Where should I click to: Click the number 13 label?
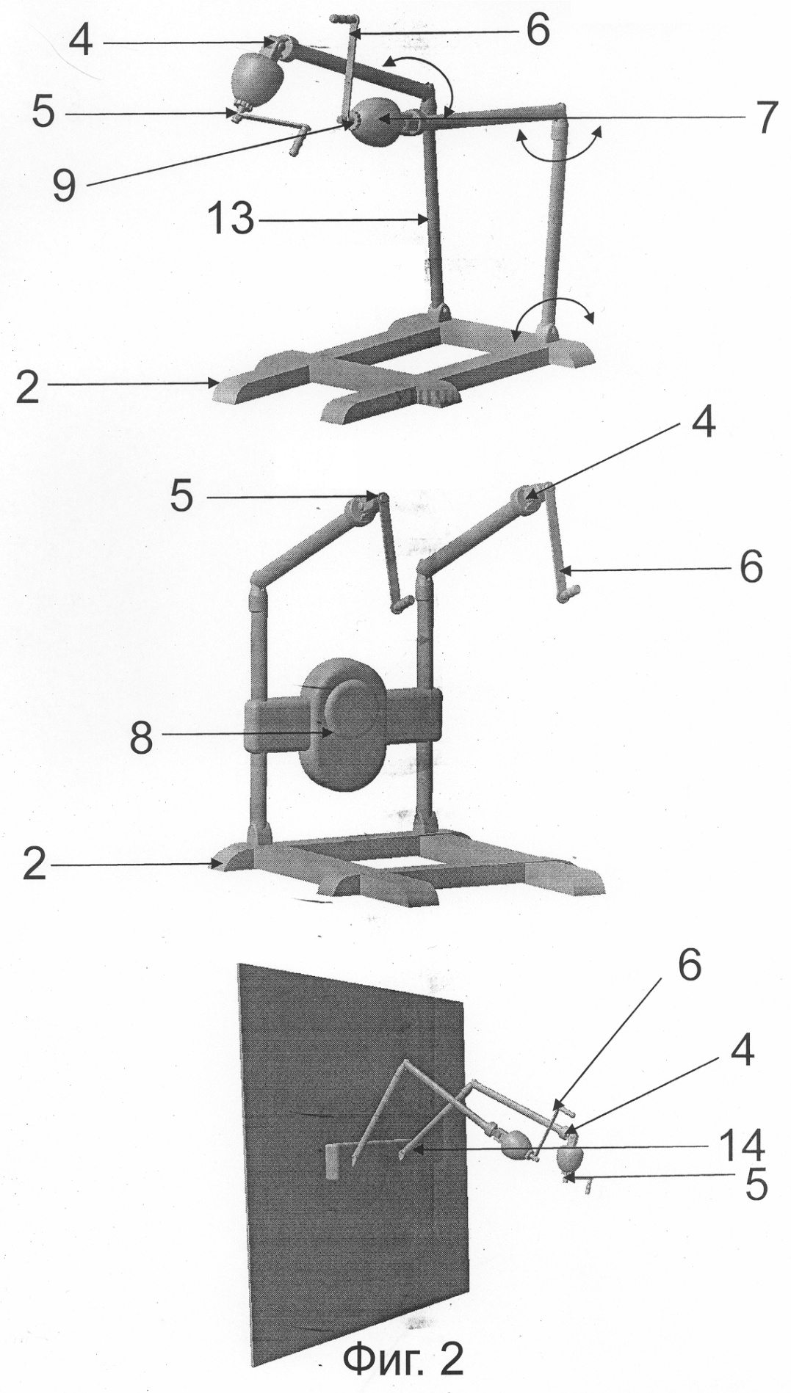click(x=229, y=219)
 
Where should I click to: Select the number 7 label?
click(x=765, y=117)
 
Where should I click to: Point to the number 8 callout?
click(x=141, y=738)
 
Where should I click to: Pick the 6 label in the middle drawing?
click(x=751, y=567)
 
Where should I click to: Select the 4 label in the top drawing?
click(x=81, y=42)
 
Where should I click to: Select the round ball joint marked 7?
click(x=376, y=120)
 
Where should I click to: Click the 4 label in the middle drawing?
click(x=703, y=425)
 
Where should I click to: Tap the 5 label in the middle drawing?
click(x=181, y=496)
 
